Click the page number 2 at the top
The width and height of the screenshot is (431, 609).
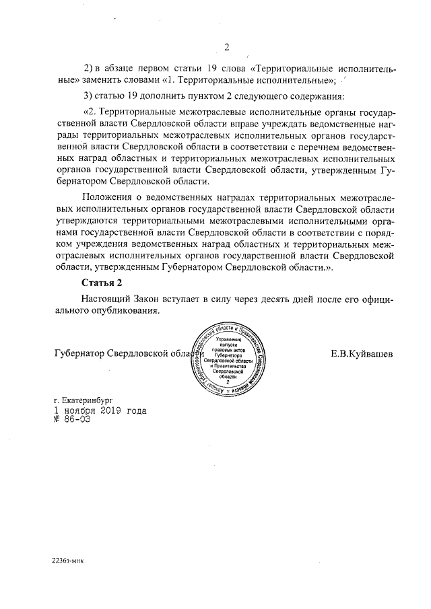click(227, 47)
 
